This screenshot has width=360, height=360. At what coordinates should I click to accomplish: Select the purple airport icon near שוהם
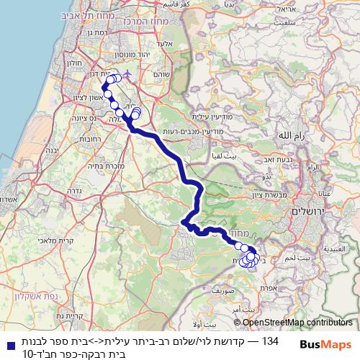[x=128, y=73]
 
